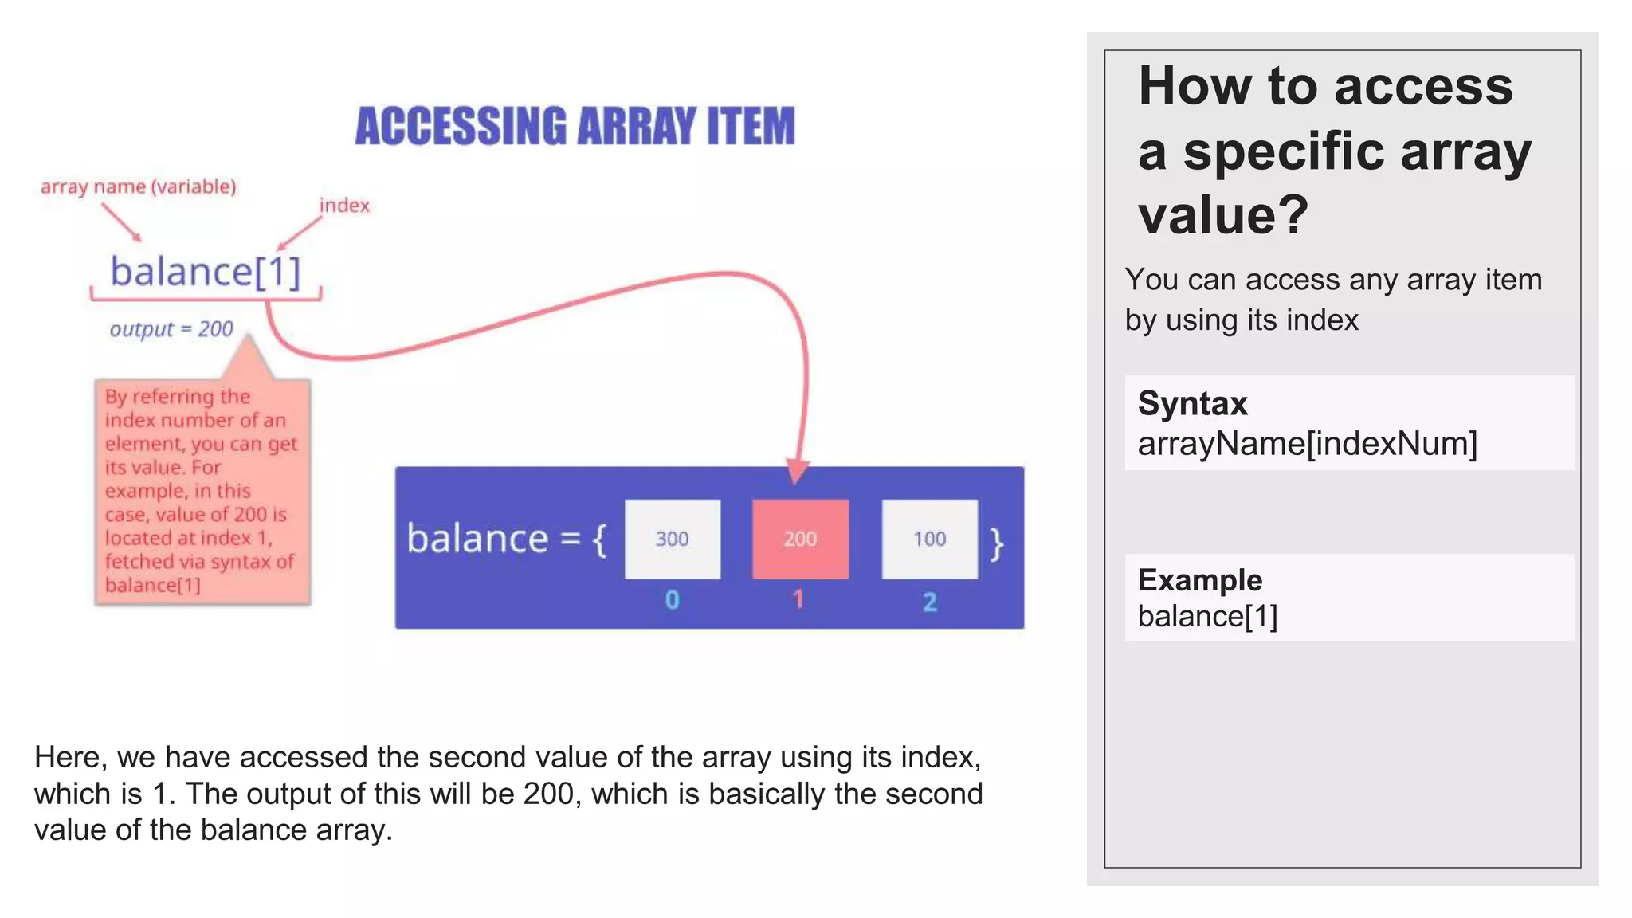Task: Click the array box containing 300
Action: [672, 539]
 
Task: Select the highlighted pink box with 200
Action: [800, 539]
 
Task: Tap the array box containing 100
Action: [929, 539]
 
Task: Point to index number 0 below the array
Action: [672, 600]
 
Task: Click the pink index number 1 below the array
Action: [798, 599]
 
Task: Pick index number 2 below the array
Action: [929, 602]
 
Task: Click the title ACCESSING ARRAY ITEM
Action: [575, 126]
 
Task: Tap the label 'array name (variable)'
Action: [139, 186]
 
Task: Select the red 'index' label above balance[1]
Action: [344, 206]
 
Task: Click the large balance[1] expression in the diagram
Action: [206, 272]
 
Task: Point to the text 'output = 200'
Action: [171, 329]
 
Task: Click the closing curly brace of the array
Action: [997, 543]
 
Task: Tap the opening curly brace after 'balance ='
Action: [600, 540]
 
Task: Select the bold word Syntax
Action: [1192, 403]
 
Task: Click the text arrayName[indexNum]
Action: [1307, 443]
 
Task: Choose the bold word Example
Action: [1199, 579]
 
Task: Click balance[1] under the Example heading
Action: [1207, 616]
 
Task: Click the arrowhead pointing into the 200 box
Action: [797, 471]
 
